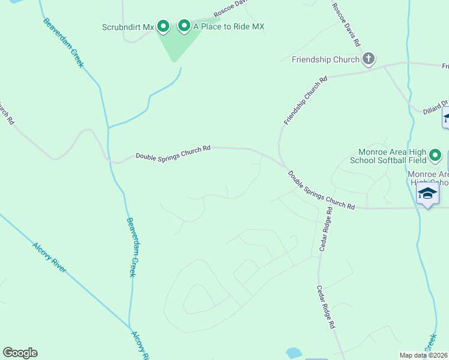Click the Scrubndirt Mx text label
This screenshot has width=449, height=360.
128,26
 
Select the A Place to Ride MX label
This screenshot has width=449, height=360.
228,26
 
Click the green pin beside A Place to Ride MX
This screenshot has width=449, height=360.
184,25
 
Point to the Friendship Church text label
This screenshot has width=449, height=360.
325,59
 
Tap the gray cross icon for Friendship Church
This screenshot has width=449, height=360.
369,59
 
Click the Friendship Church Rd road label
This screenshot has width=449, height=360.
306,100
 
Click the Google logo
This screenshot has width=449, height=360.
20,353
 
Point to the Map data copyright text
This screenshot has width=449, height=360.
423,355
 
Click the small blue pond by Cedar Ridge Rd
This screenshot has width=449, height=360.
294,353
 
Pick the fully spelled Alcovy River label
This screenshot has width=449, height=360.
49,257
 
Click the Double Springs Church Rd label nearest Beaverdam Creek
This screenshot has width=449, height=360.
173,152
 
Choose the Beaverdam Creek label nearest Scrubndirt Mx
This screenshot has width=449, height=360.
63,43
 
